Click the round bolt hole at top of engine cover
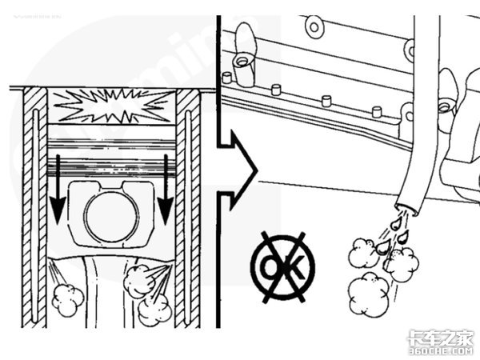(x=314, y=26)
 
